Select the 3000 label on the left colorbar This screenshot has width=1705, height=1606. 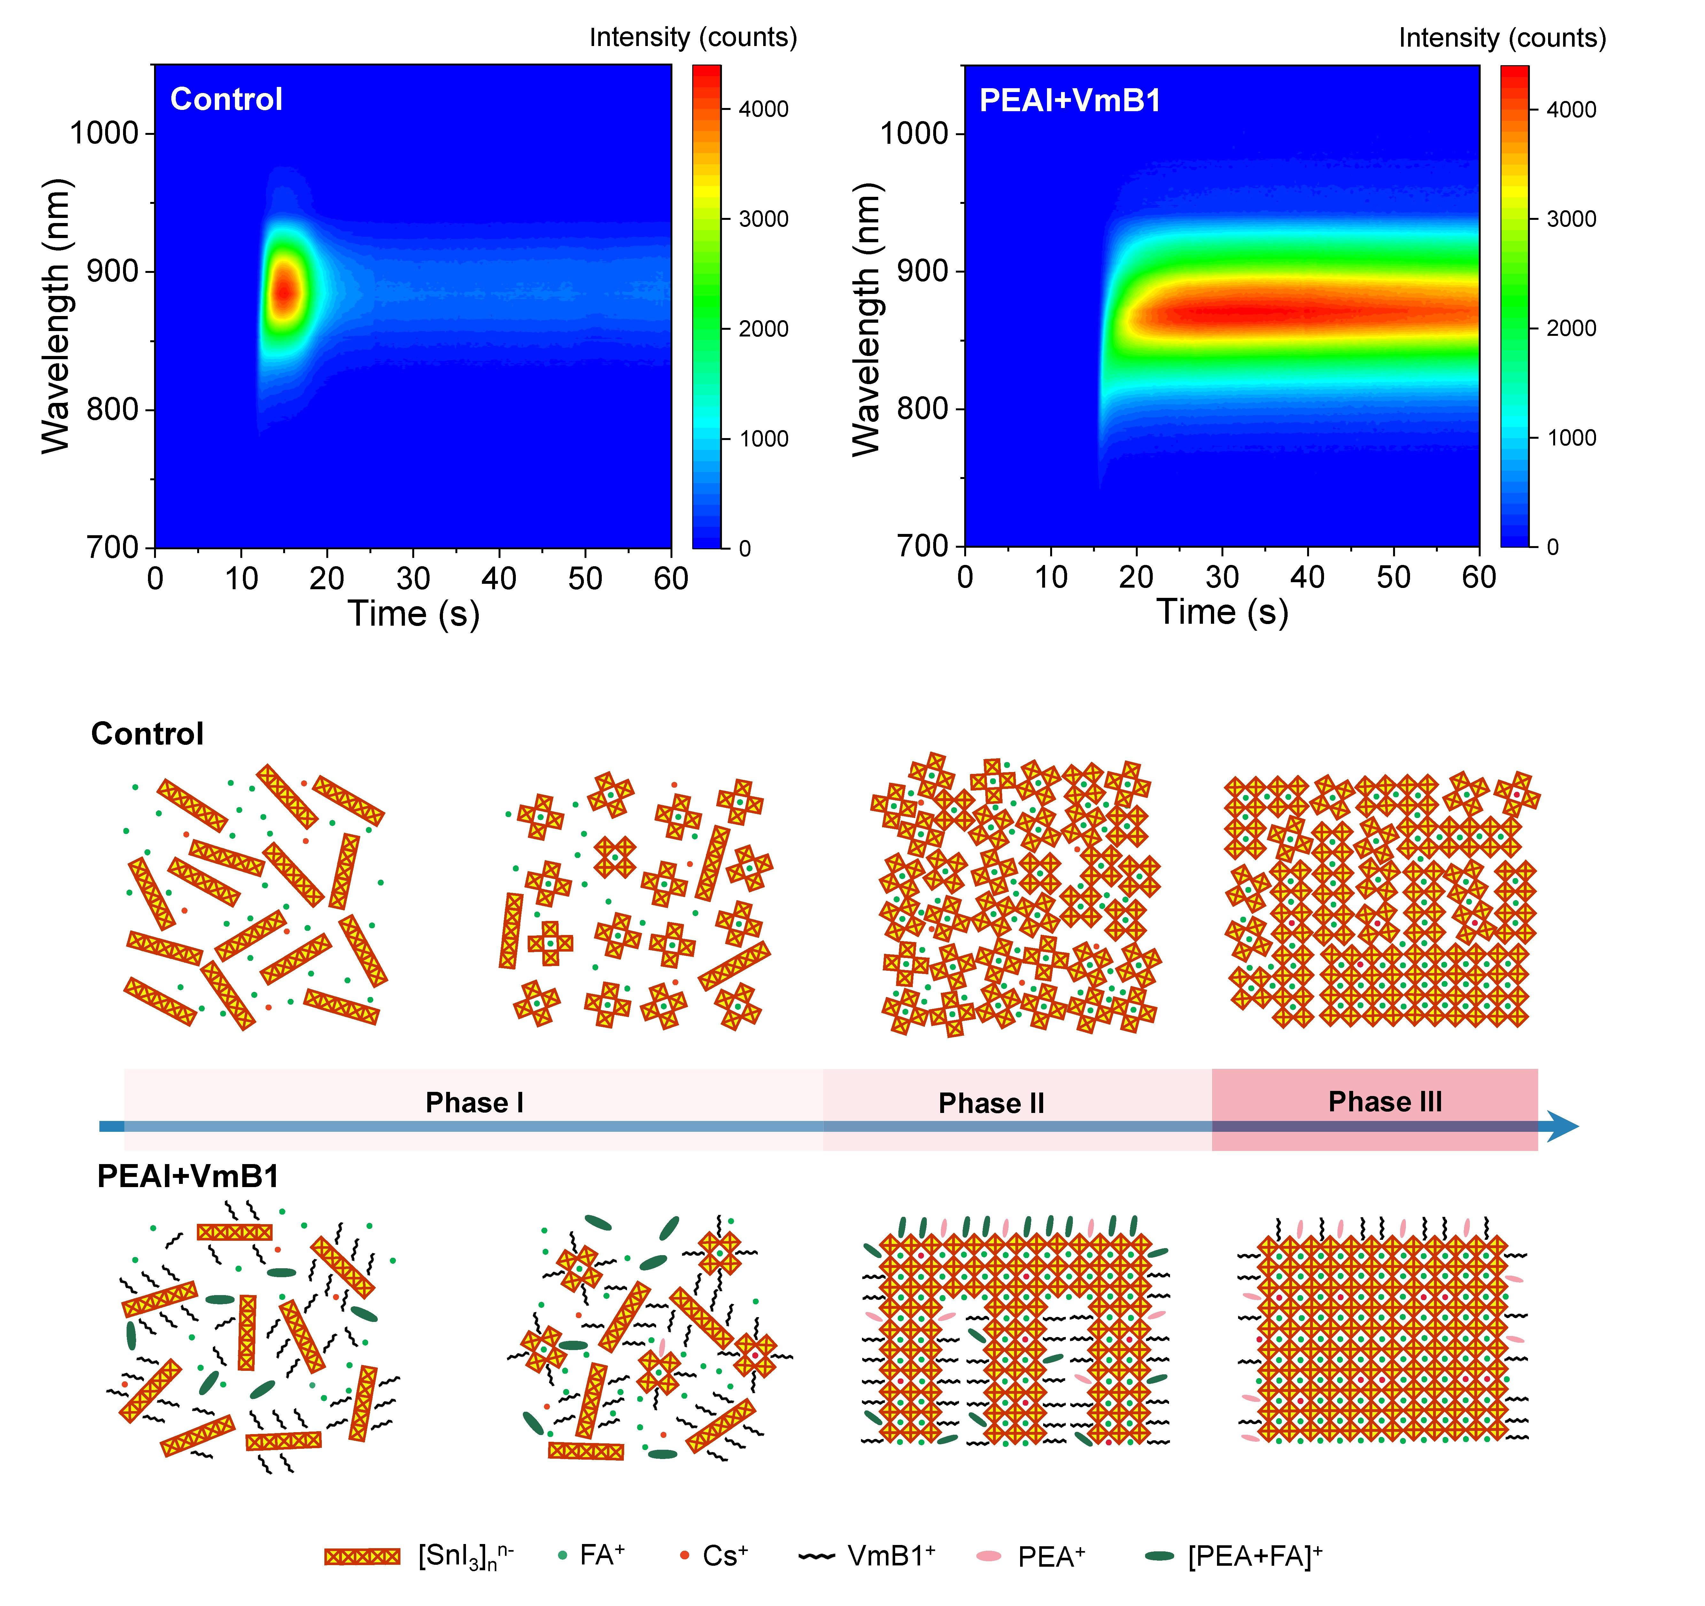(763, 220)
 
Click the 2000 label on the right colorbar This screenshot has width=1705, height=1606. (1571, 328)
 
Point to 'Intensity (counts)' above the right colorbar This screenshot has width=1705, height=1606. (1502, 38)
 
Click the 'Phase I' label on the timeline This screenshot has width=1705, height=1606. (474, 1103)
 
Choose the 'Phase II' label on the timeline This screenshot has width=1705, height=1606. (991, 1104)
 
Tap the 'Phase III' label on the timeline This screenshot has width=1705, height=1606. (1385, 1102)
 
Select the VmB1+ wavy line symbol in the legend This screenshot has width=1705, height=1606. (817, 1556)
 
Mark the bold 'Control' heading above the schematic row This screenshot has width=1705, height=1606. (148, 734)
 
